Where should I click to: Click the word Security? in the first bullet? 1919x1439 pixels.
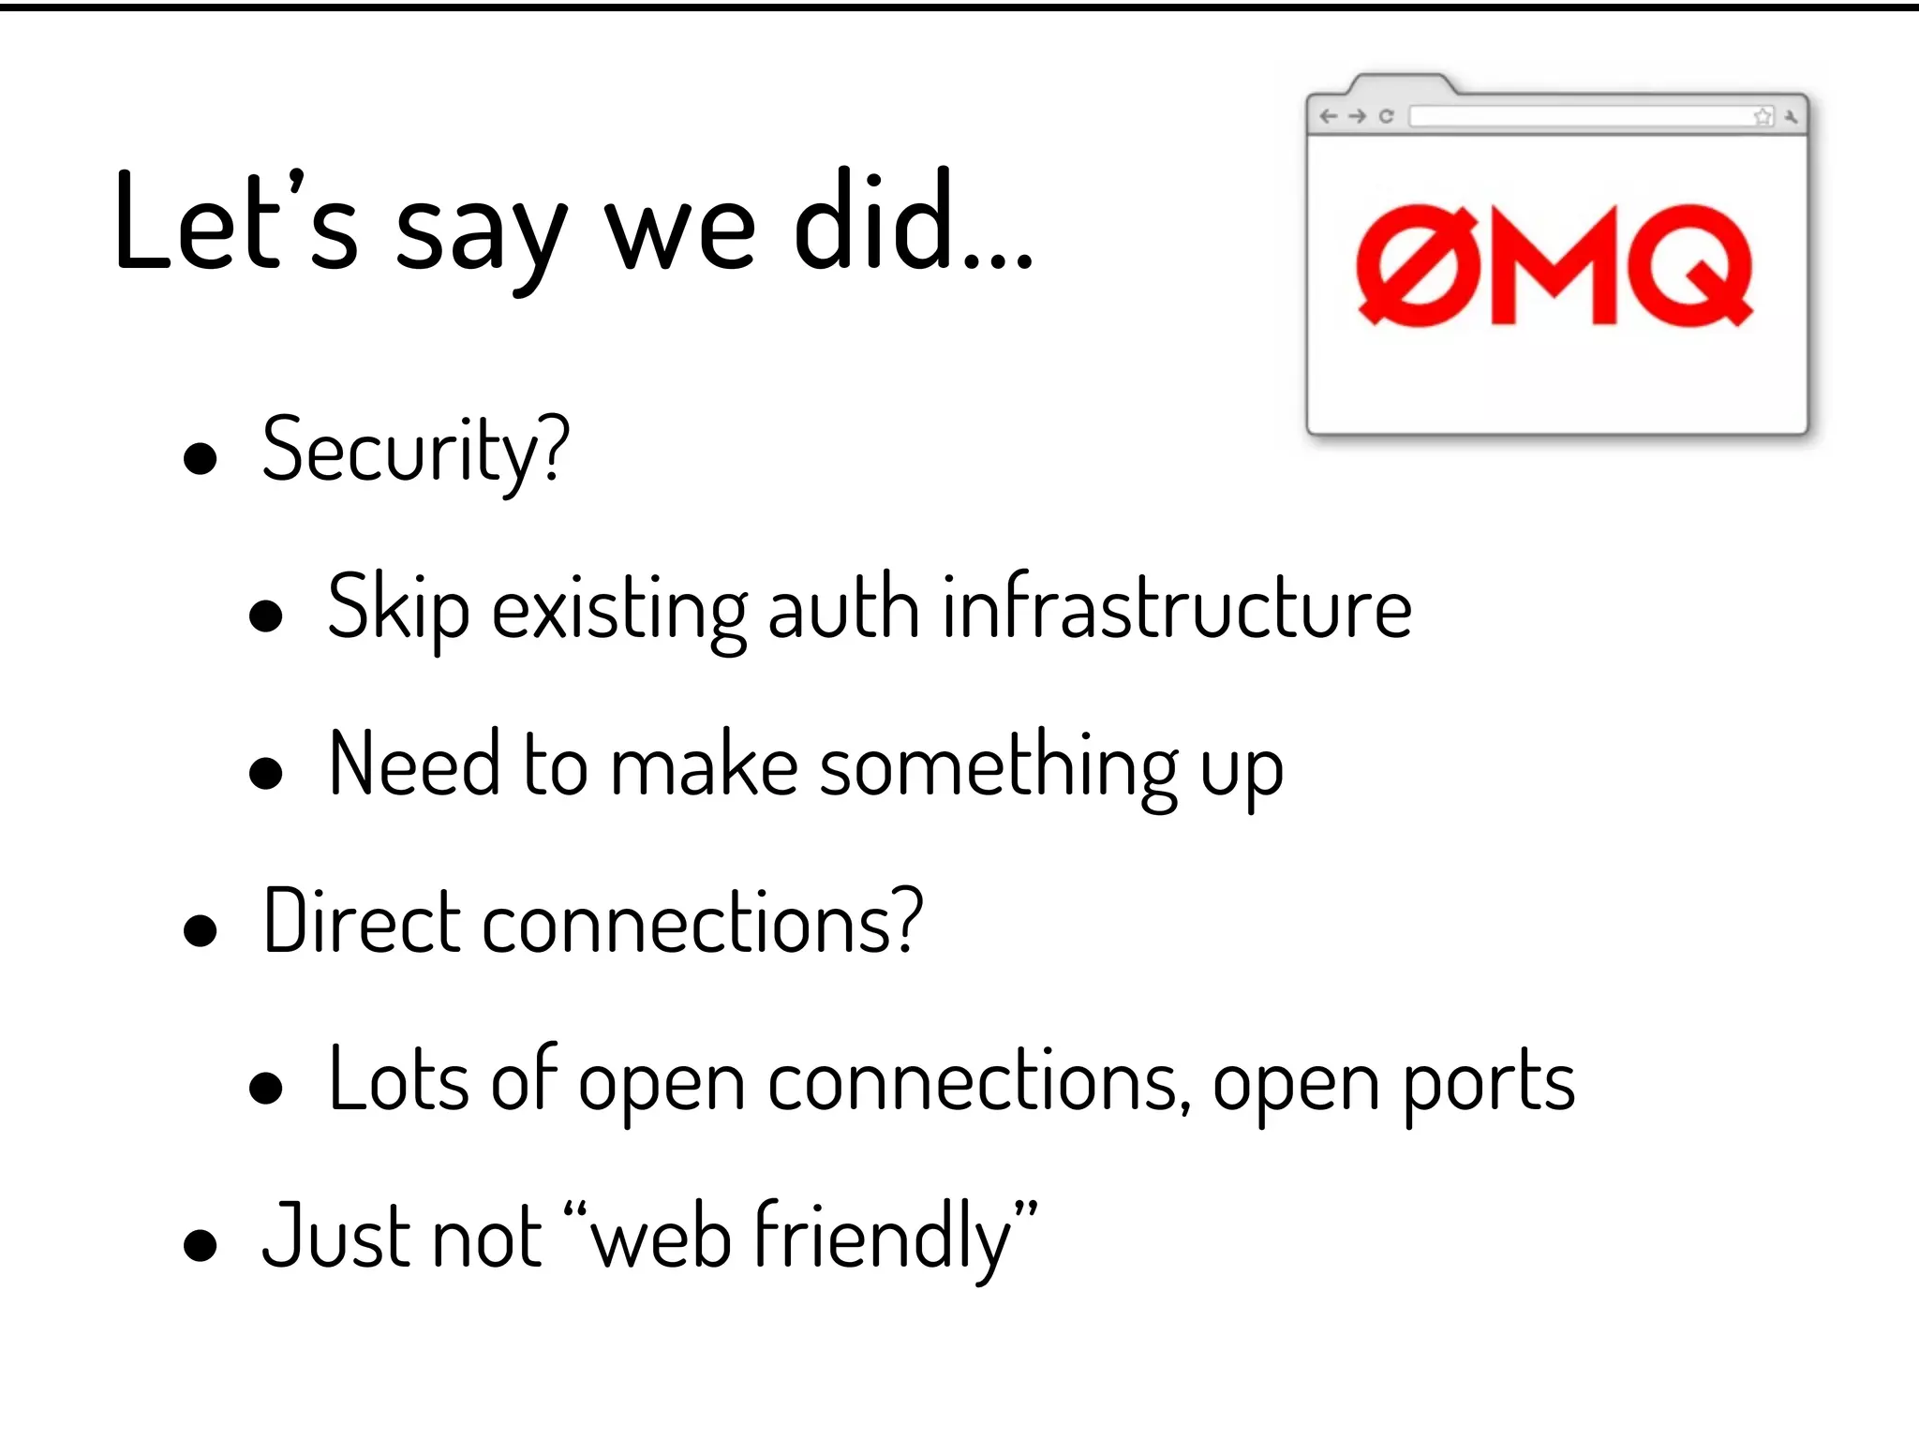(415, 452)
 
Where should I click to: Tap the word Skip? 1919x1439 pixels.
(398, 608)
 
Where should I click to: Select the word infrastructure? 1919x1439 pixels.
(1177, 608)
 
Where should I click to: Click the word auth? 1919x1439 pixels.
(843, 608)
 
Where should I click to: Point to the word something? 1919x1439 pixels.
(999, 766)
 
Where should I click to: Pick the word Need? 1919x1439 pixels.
(414, 764)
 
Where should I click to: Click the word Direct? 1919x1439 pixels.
(362, 922)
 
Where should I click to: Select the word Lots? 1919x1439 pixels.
(398, 1080)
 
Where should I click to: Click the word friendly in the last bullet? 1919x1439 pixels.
(883, 1239)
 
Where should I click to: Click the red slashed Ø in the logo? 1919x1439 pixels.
(1418, 266)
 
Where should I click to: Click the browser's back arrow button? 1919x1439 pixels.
(1328, 116)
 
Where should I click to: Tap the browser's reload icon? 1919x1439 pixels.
(1387, 116)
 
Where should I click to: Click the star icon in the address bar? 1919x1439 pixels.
(1763, 116)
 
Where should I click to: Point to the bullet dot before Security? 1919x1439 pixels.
(201, 459)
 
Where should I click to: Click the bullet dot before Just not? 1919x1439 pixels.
(201, 1245)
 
